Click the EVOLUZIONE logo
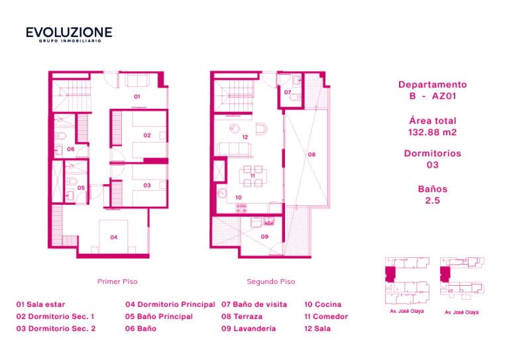69,34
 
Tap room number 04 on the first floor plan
113,237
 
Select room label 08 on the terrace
311,154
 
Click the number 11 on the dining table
253,176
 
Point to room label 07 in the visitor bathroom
287,93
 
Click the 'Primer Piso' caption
117,282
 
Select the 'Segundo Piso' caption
270,282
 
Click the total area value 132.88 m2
432,133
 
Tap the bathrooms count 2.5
432,201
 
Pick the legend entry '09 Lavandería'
249,329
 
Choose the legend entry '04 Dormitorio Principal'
170,304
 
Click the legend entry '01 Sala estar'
40,304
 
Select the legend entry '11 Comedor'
326,316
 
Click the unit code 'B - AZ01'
432,96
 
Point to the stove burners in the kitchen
241,208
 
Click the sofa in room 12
234,149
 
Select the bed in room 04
113,237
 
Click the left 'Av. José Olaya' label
407,311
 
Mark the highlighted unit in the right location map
445,274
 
